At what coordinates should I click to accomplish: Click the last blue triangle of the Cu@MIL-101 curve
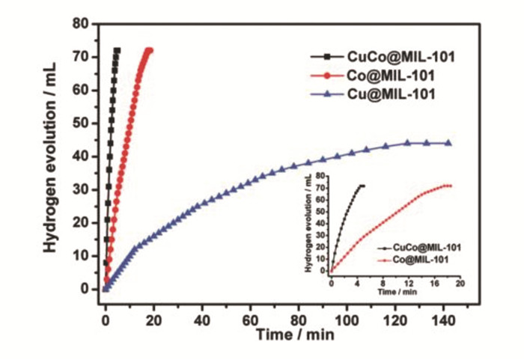(x=448, y=143)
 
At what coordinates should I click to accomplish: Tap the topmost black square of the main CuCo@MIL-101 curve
(x=118, y=50)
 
